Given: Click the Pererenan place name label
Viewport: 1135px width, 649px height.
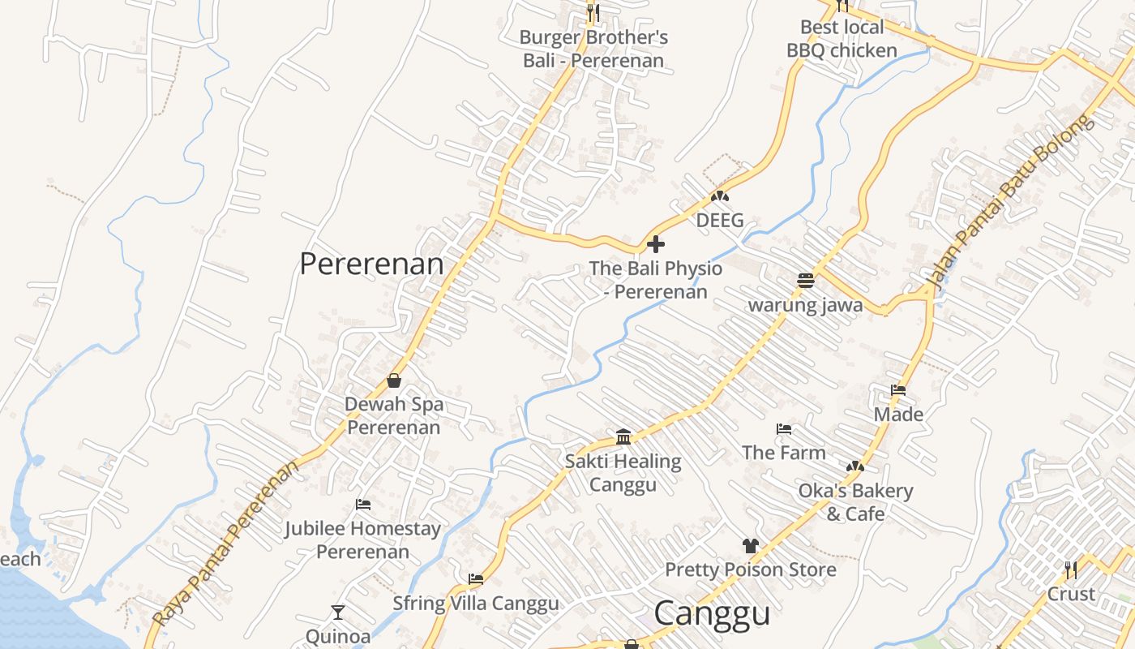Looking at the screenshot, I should (x=371, y=264).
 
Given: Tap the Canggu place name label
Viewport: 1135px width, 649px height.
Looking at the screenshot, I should (x=712, y=613).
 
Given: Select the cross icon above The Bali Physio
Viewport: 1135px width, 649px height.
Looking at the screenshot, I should (x=656, y=243).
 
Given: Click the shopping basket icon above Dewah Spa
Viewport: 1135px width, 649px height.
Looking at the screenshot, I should (x=394, y=380).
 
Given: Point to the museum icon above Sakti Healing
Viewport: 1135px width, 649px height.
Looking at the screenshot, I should (x=623, y=437).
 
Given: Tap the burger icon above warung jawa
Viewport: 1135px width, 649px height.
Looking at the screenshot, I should (x=805, y=281).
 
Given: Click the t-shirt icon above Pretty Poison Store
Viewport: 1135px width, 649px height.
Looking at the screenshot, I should (x=750, y=545).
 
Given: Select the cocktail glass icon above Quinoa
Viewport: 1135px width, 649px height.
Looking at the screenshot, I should (x=338, y=612).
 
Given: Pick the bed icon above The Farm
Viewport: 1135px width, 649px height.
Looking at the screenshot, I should (x=783, y=428).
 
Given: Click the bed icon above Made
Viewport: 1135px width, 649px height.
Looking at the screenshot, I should (x=897, y=390).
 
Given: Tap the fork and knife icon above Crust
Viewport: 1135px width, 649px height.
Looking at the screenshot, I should (x=1071, y=569).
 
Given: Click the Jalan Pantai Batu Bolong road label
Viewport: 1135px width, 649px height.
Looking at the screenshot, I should (x=1009, y=203).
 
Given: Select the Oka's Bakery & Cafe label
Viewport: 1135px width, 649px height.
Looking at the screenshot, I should (x=855, y=502).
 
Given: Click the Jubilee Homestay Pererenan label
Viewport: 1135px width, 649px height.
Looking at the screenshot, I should (x=362, y=540).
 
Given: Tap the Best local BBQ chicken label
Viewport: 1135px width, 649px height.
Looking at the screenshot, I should (x=842, y=39).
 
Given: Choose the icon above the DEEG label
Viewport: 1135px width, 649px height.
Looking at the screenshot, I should (x=719, y=196).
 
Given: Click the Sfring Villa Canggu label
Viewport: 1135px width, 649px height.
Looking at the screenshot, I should (x=476, y=604).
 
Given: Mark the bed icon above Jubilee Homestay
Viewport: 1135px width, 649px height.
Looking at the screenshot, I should (x=363, y=505).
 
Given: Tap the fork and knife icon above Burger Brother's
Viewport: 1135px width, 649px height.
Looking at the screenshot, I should (x=593, y=12).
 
